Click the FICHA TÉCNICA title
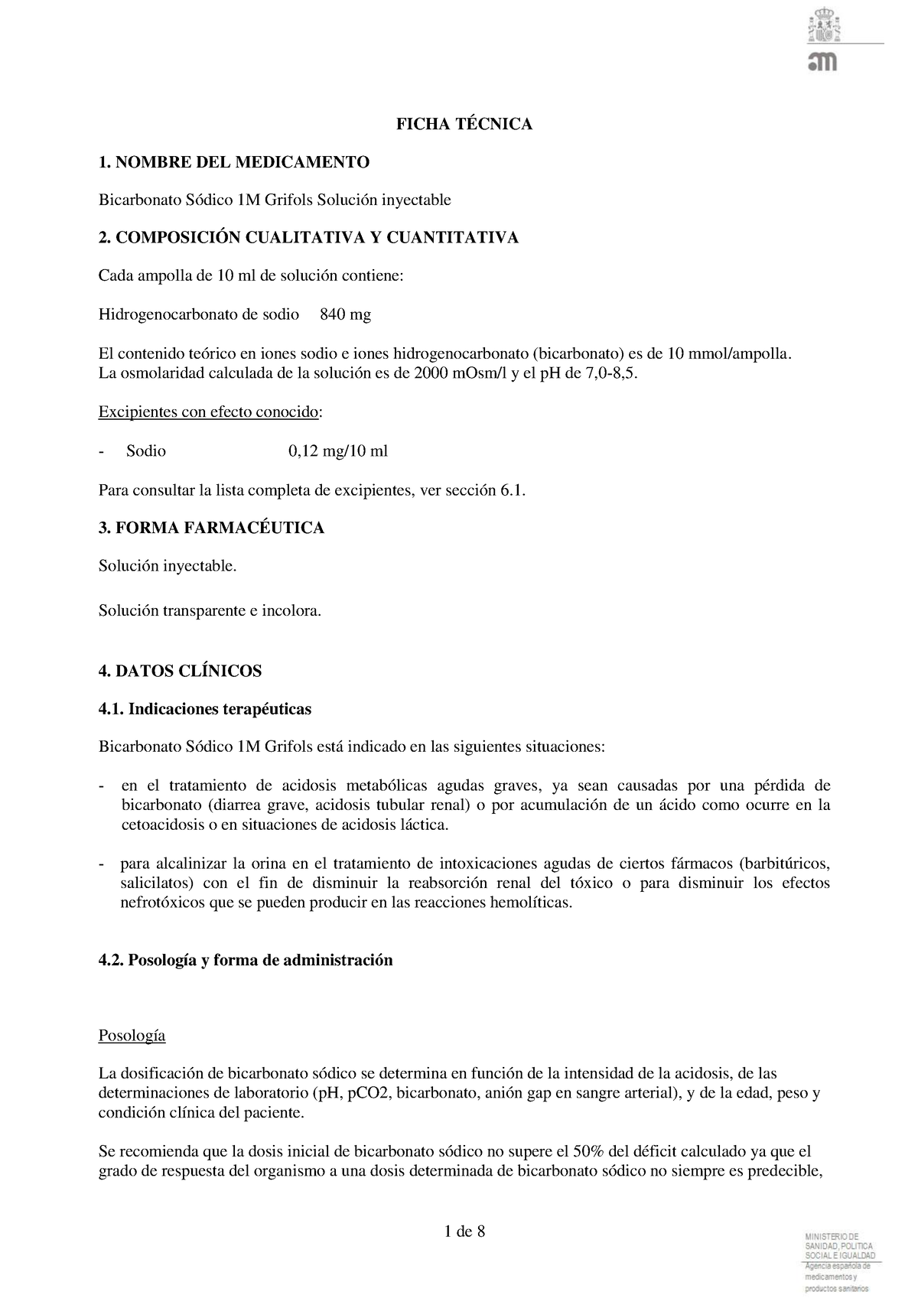tap(464, 124)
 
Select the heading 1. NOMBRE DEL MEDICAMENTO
tap(233, 162)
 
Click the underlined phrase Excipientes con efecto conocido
tap(208, 412)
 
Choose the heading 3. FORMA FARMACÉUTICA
tap(211, 528)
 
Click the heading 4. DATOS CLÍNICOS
tap(180, 671)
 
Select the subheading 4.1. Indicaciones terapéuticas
tap(205, 709)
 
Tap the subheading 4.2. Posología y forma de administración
tap(246, 960)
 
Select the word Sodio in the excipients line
tap(146, 451)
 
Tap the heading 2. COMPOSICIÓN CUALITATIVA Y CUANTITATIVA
tap(308, 238)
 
